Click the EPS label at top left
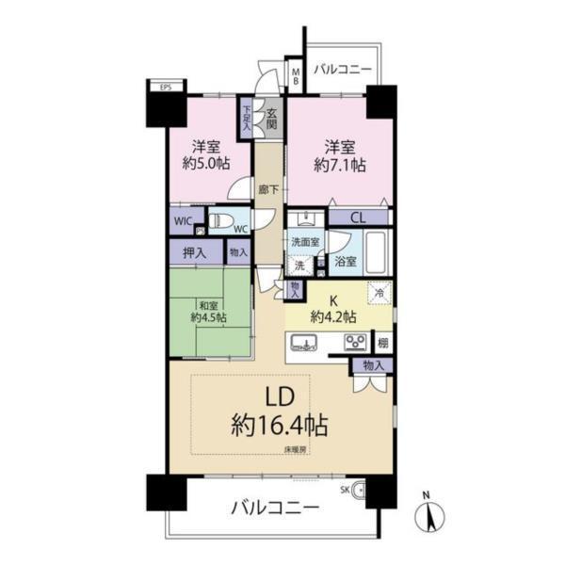165,89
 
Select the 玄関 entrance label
271,118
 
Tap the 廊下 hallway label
267,188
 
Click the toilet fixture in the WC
222,223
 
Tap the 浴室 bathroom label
346,261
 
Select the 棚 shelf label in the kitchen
382,342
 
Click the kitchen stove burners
355,341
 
